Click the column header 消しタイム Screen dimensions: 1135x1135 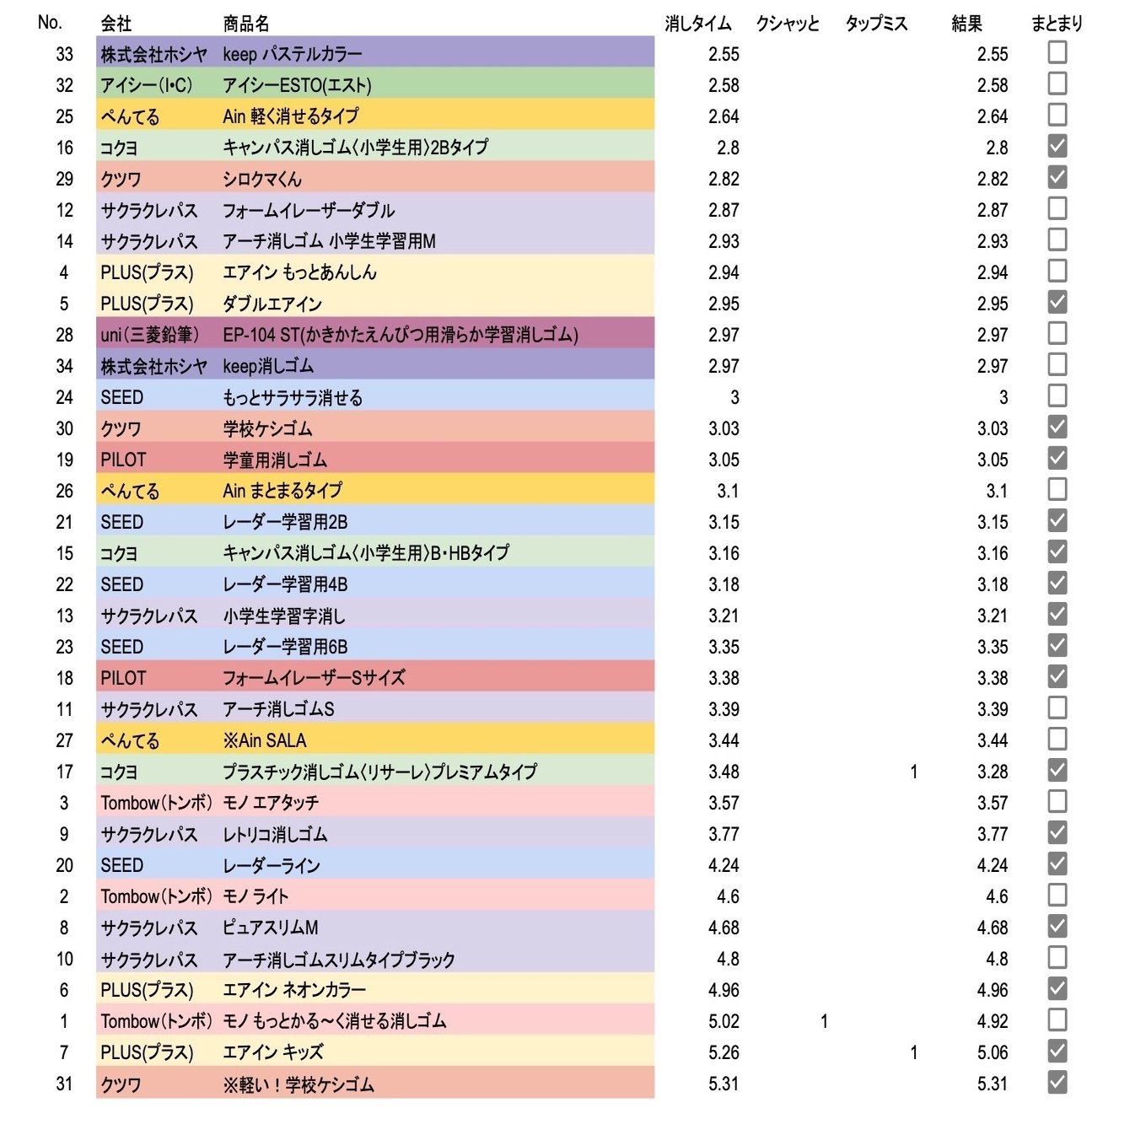tap(697, 24)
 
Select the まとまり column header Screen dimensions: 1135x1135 tap(1057, 24)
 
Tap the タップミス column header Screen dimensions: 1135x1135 tap(876, 24)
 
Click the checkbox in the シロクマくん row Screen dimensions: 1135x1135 tap(1057, 178)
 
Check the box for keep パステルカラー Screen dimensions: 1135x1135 tap(1057, 53)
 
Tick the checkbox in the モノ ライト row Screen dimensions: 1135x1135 tap(1057, 896)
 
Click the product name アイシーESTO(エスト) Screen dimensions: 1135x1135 tap(297, 85)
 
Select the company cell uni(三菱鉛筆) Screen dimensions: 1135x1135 tap(150, 335)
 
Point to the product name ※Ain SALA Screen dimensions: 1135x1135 tap(265, 740)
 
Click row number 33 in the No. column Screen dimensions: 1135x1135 tap(64, 54)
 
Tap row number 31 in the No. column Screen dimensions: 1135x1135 tap(64, 1084)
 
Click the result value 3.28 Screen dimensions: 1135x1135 tap(992, 772)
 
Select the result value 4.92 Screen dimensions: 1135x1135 tap(992, 1021)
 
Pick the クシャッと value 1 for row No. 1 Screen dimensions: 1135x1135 tap(824, 1021)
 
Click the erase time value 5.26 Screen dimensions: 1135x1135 tap(723, 1052)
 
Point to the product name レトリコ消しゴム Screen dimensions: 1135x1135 tap(275, 834)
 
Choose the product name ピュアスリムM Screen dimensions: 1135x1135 tap(271, 928)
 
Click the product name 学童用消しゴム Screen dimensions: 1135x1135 tap(275, 460)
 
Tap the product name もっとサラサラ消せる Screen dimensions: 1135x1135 tap(293, 397)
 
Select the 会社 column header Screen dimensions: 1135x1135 tap(116, 24)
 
